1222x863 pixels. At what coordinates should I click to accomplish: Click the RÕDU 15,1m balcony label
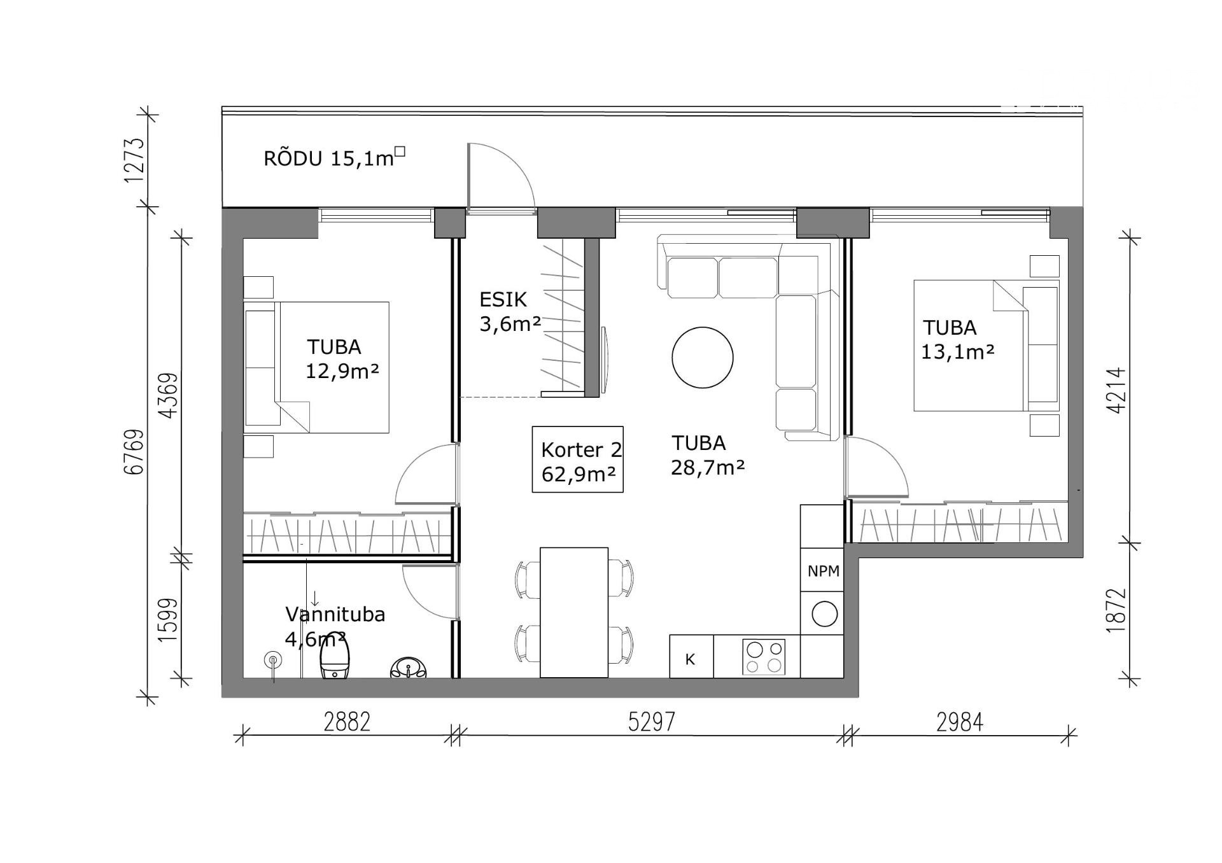pos(335,157)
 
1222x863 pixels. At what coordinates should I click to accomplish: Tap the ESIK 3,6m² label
pos(510,312)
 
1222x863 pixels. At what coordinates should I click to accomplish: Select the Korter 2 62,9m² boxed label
pos(577,459)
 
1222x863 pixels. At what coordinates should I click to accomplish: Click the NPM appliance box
pos(823,571)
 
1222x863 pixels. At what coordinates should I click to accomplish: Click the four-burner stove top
pos(764,657)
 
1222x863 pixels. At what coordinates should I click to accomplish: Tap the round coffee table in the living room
pos(703,357)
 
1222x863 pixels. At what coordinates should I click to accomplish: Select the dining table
pos(574,612)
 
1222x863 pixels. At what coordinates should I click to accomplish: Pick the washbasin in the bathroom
pos(408,668)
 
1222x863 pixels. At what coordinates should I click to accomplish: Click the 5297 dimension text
pos(651,722)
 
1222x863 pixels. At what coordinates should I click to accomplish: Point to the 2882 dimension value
pos(347,722)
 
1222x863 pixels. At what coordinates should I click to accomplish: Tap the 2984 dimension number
pos(960,722)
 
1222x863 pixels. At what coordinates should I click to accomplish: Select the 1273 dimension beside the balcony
pos(135,160)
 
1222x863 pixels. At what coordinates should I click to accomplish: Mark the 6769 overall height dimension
pos(135,452)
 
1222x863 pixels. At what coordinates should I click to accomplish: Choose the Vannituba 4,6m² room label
pos(335,626)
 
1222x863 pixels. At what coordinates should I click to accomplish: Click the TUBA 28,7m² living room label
pos(708,455)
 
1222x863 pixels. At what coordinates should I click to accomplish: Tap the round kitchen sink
pos(825,614)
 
